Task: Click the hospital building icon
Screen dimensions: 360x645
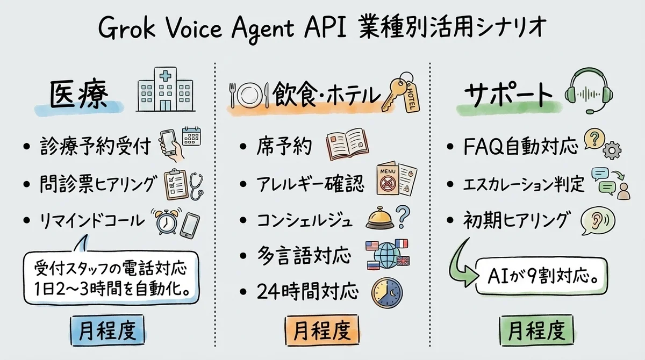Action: (x=161, y=90)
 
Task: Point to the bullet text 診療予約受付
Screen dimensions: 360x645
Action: (x=95, y=146)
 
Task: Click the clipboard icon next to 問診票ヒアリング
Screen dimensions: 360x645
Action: (x=175, y=183)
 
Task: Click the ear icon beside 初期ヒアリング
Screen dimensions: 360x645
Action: (x=597, y=222)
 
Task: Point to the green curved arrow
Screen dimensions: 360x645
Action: (x=462, y=264)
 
